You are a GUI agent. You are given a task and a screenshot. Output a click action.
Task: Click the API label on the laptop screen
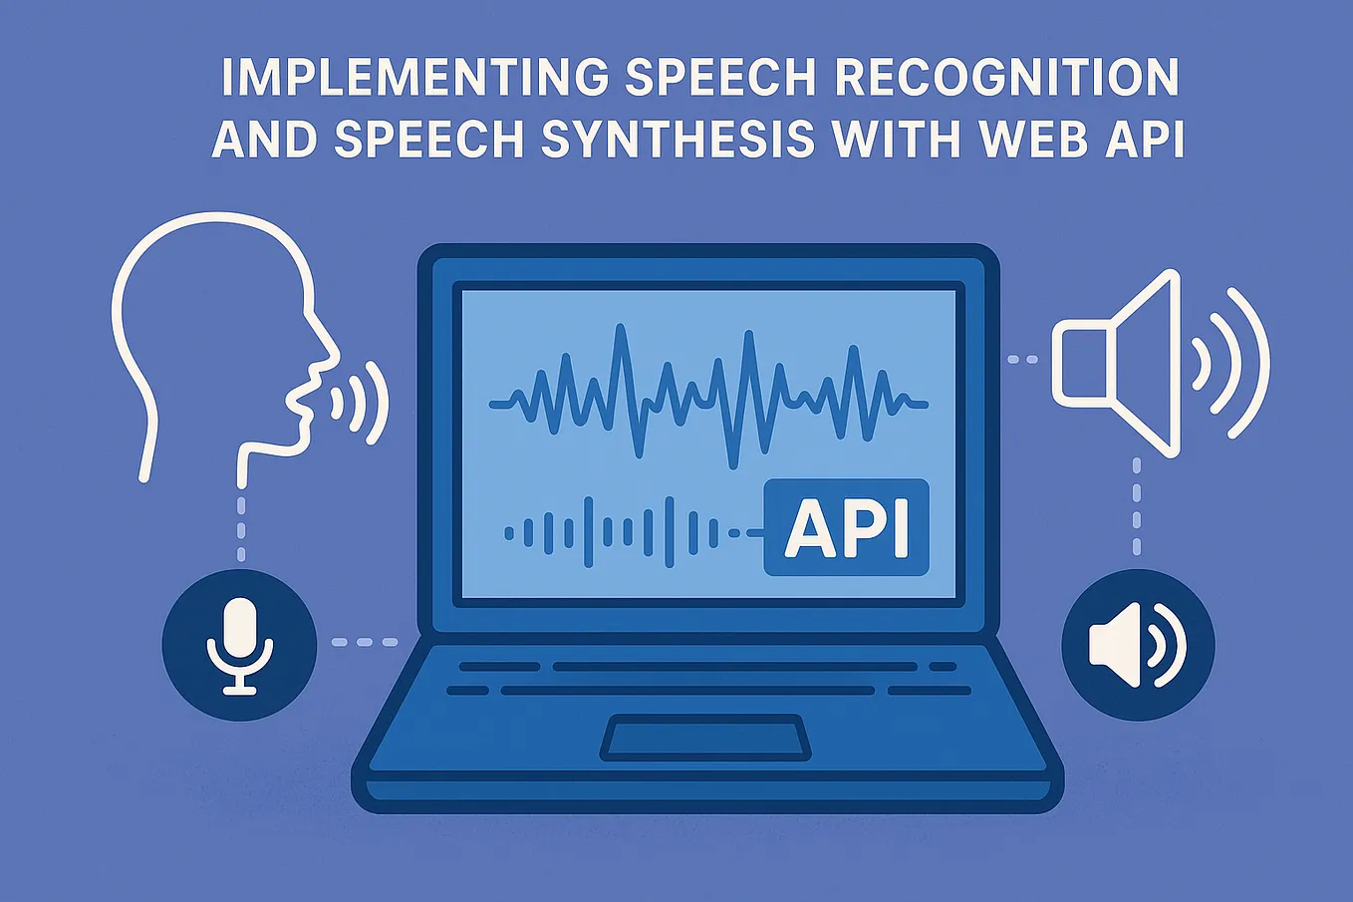(846, 527)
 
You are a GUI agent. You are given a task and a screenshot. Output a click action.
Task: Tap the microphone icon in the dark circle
(239, 644)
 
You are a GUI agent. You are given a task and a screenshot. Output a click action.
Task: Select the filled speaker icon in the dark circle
(1137, 643)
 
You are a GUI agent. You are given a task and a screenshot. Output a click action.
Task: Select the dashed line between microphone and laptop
(364, 642)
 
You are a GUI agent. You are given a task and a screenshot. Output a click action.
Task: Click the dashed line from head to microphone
(240, 523)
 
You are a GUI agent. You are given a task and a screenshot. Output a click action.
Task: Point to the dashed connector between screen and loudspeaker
(1022, 359)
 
